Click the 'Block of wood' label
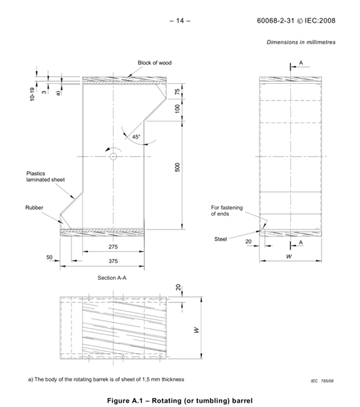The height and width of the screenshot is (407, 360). (x=155, y=63)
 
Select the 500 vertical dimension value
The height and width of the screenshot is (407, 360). (x=177, y=167)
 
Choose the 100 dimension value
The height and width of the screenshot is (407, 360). (x=177, y=108)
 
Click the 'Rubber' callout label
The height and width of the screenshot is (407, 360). (x=34, y=208)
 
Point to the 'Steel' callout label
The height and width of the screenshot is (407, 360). (x=220, y=239)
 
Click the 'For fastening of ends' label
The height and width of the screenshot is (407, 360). (x=226, y=210)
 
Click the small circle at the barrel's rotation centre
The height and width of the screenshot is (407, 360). (x=113, y=157)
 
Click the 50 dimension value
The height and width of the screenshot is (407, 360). (x=49, y=258)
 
